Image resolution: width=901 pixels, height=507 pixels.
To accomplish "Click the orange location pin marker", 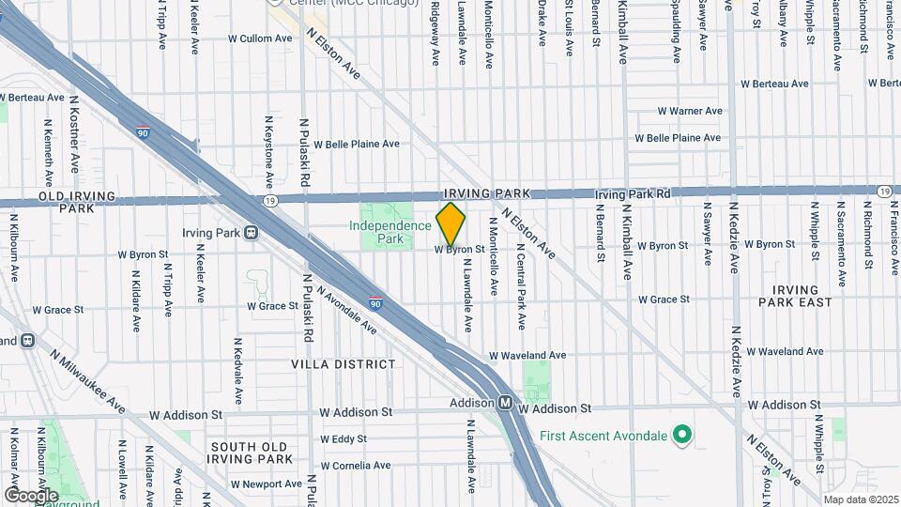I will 450,224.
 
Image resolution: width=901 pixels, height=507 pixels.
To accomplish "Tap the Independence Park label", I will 390,233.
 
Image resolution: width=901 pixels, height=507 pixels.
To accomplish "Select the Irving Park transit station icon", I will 252,232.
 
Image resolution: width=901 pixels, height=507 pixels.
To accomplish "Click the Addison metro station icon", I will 505,403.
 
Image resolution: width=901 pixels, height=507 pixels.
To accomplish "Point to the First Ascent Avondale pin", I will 683,436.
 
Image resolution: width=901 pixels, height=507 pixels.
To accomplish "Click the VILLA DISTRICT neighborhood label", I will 343,363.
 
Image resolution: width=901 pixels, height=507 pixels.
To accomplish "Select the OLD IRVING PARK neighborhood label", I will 76,201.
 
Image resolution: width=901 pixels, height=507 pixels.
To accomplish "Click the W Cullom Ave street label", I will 260,38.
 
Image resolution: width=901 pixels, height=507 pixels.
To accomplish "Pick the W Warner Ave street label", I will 690,111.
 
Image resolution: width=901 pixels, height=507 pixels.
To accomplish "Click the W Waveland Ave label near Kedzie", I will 787,351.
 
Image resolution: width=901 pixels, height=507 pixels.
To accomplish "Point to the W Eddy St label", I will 343,438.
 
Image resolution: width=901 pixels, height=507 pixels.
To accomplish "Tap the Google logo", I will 31,495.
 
